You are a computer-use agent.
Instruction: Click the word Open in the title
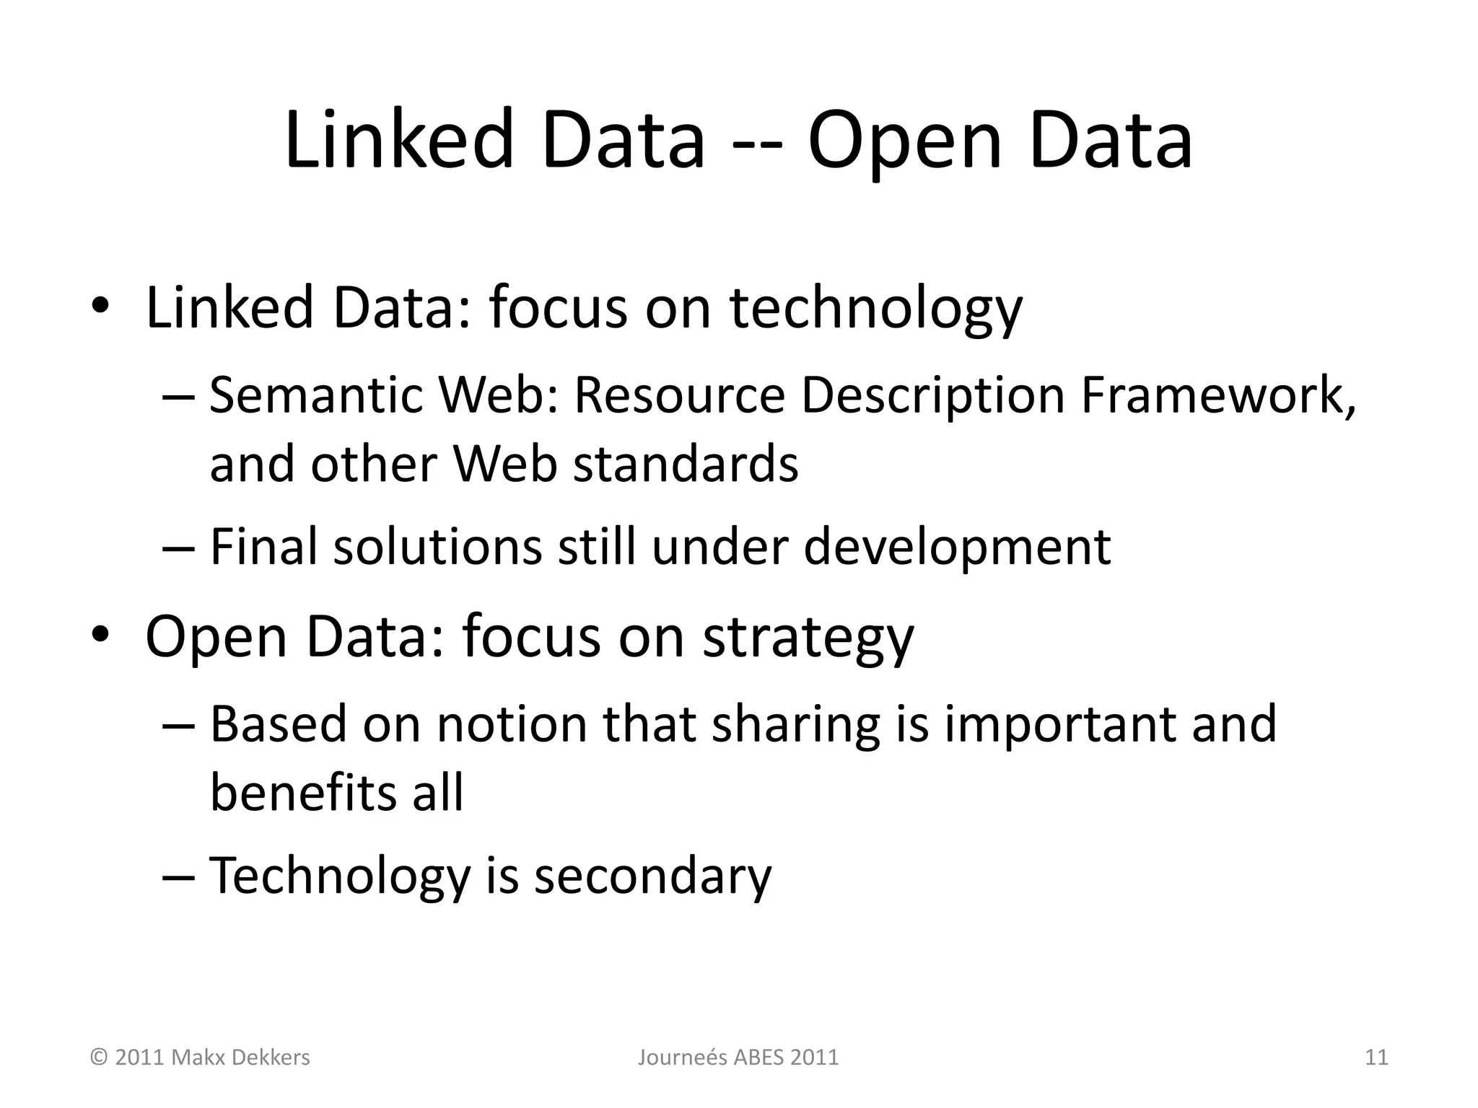coord(905,141)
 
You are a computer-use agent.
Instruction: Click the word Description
coord(932,397)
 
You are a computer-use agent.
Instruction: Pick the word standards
coord(686,463)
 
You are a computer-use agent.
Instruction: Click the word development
coord(957,548)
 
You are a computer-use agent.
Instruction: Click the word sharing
coord(796,725)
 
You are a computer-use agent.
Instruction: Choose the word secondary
coord(652,876)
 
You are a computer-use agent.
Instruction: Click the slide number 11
coord(1376,1058)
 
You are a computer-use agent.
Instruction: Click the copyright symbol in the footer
coord(99,1058)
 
